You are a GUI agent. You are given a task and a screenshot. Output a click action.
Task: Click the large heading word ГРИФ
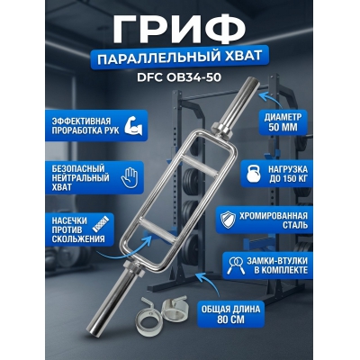coord(180,26)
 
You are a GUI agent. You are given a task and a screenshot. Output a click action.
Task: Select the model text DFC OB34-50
coord(180,79)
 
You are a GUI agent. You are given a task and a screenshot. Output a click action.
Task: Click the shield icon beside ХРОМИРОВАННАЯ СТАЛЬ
coord(230,219)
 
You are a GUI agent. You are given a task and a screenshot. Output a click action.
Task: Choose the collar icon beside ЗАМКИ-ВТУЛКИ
coord(232,262)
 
